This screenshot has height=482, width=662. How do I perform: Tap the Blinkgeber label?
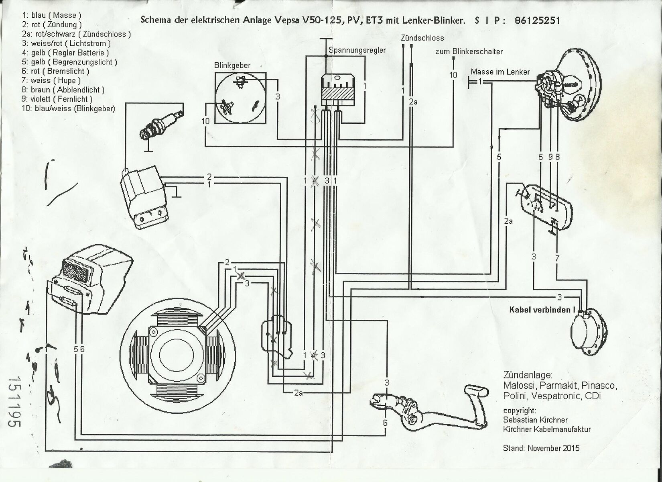(232, 65)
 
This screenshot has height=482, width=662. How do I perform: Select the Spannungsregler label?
(357, 50)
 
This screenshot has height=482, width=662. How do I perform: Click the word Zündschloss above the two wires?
(422, 38)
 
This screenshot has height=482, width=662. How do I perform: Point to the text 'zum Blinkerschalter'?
(469, 51)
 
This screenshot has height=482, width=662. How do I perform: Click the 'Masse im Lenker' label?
(500, 72)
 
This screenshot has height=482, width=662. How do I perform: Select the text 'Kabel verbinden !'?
(542, 310)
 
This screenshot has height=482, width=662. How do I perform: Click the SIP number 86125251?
(537, 20)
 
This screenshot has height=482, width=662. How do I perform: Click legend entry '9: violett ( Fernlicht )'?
(57, 99)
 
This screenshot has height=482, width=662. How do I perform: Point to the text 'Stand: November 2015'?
(541, 448)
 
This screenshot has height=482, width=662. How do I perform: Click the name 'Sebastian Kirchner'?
(535, 420)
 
